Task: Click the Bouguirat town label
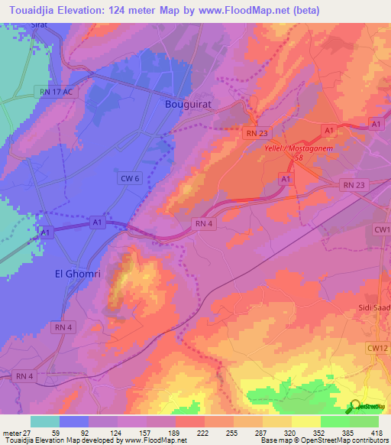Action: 187,105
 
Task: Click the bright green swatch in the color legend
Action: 334,421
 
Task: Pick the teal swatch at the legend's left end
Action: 45,421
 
